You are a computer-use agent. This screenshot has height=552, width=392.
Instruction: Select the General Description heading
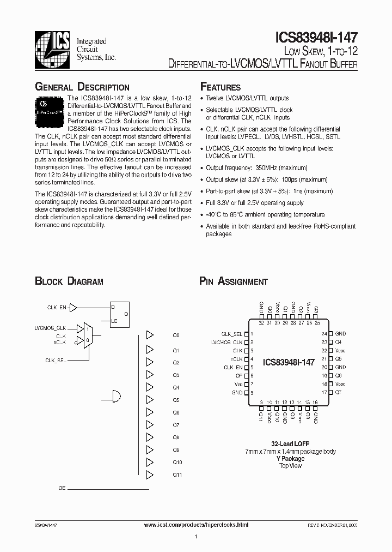82,87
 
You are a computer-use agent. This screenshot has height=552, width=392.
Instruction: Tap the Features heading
220,87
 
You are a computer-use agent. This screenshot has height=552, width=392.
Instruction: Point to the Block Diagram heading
69,281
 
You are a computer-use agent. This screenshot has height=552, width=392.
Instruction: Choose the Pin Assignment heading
234,281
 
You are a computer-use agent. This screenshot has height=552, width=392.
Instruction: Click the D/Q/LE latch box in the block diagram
120,314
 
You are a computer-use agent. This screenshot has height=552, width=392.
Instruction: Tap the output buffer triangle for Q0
150,335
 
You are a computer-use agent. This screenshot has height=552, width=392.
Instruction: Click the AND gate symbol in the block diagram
116,395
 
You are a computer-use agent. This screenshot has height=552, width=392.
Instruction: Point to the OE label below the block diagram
62,488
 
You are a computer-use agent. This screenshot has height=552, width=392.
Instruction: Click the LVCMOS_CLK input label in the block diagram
50,328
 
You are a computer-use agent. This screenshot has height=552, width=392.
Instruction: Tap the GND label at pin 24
340,334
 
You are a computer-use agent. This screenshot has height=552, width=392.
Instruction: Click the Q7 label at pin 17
338,393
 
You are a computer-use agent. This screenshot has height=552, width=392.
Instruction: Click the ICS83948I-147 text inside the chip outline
288,362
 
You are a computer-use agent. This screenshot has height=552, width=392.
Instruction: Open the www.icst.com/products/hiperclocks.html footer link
196,524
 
